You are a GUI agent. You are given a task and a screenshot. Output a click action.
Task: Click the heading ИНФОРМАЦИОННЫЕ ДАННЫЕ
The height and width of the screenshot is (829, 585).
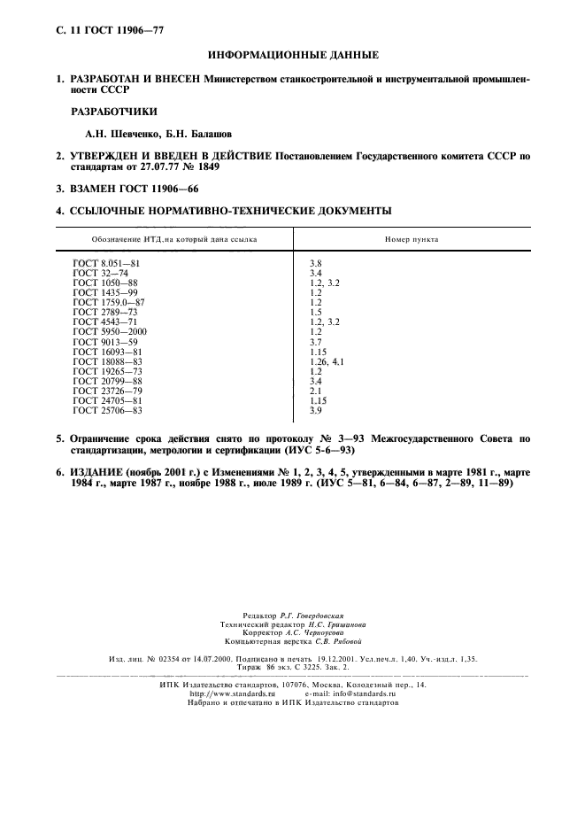292,55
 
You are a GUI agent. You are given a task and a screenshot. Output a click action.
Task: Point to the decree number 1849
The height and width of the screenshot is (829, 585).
204,167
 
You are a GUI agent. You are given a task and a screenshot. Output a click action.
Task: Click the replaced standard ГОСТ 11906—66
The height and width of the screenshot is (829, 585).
159,189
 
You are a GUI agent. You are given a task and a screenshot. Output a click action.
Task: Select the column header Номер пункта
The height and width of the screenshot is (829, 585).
411,239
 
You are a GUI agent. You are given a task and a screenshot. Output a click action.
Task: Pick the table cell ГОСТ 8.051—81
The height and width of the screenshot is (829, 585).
106,265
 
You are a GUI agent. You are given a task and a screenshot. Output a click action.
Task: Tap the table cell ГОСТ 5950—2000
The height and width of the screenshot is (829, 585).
111,331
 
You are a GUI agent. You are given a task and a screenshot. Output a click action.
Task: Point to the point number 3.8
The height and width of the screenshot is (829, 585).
315,265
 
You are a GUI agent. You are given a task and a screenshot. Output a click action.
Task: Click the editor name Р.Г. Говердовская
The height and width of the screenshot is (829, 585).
318,615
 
